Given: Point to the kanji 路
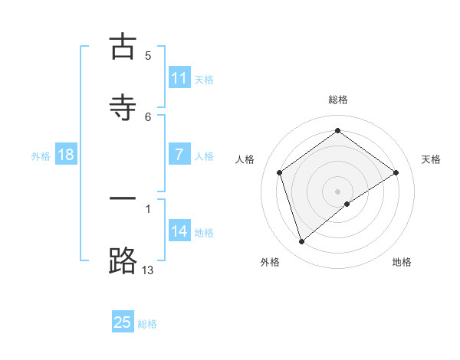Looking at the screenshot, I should click(123, 260).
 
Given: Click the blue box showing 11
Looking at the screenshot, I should click(179, 78).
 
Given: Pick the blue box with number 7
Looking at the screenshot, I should click(179, 155).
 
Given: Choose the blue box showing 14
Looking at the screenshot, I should click(179, 231).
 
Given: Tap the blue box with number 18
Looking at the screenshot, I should click(66, 155).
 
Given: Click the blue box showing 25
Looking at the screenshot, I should click(123, 322).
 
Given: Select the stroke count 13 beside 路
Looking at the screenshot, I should click(148, 270).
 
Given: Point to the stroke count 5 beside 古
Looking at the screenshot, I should click(148, 55).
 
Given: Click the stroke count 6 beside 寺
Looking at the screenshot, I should click(148, 116).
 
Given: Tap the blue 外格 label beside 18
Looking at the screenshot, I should click(41, 155).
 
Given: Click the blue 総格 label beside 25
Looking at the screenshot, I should click(147, 324).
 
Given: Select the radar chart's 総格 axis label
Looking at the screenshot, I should click(337, 100).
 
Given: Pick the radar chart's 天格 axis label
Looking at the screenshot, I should click(432, 159).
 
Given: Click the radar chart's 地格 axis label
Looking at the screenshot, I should click(402, 262).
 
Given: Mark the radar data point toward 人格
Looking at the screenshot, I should click(280, 172).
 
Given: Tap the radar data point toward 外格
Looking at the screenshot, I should click(302, 242).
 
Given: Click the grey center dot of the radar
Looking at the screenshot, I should click(338, 191).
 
